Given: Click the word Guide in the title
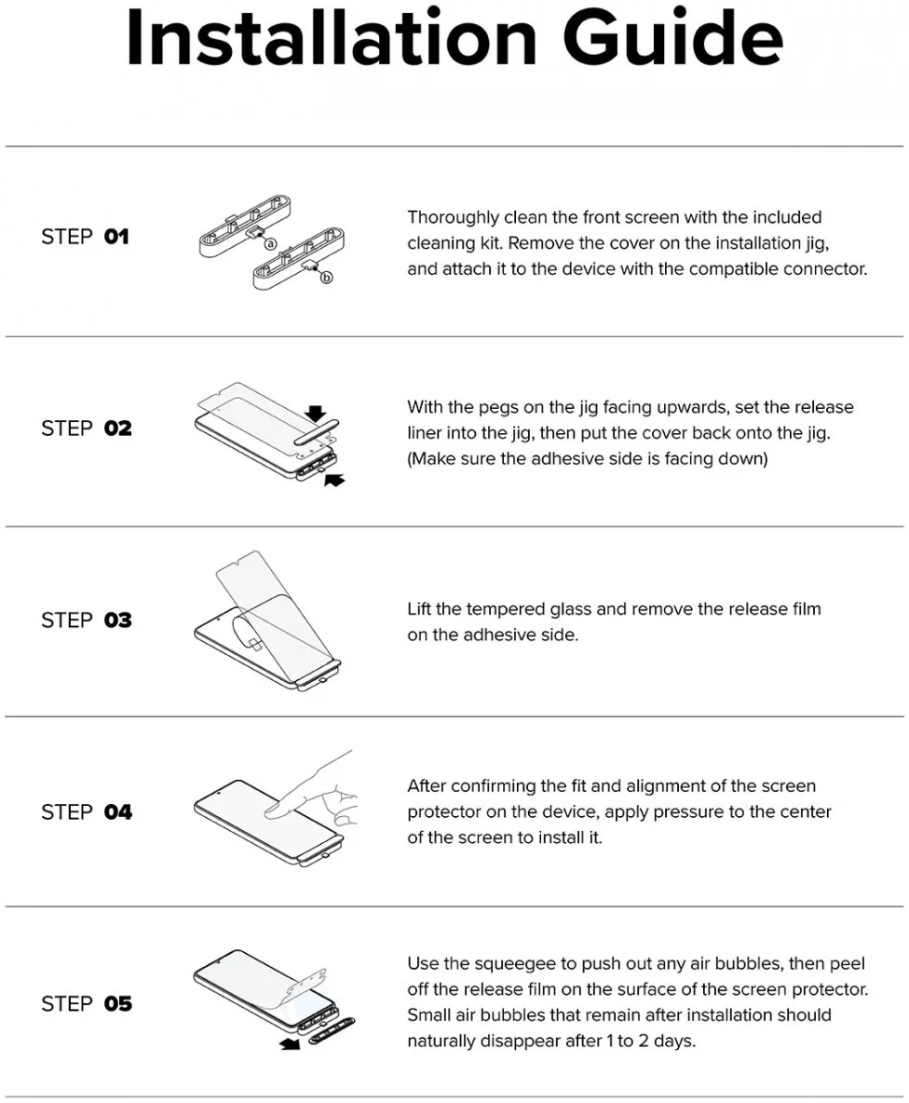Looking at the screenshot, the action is coord(672,38).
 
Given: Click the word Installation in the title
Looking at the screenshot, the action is coord(332,38).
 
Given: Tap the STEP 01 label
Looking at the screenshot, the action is coord(85,237).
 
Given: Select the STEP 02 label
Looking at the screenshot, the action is coord(87,429).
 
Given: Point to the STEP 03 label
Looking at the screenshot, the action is coord(87,620).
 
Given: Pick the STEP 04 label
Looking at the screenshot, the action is coord(87,812).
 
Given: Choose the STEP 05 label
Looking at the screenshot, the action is coord(87,1004).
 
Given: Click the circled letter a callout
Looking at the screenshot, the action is coord(270,244).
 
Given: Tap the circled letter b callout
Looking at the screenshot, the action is coord(326,278).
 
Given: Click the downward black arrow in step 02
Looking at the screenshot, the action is coord(316,413).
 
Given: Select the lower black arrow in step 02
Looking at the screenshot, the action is coord(334,480).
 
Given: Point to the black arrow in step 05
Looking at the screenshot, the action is coord(290,1044).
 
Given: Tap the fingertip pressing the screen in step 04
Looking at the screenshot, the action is coord(276,810).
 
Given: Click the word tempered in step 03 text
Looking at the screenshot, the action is coord(506,610).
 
